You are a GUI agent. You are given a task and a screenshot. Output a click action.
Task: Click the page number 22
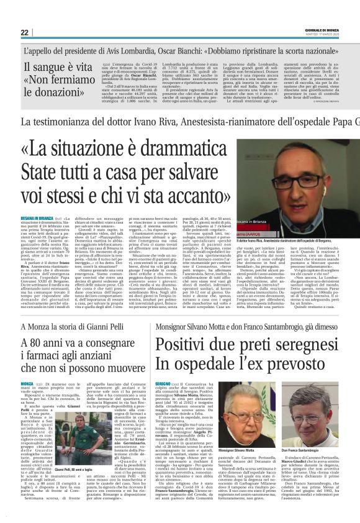pos(24,32)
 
